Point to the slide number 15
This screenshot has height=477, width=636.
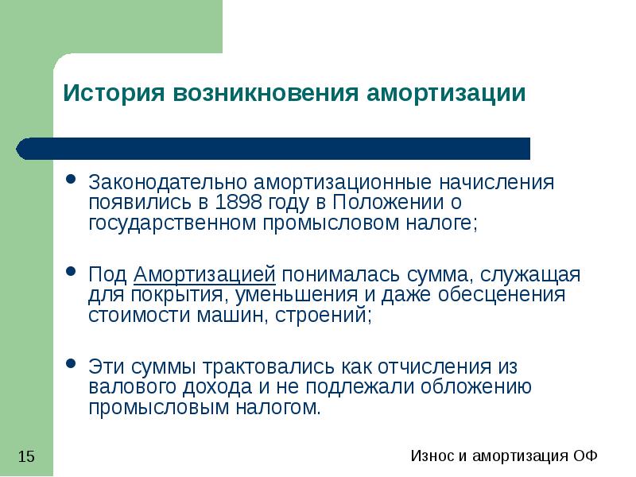point(25,456)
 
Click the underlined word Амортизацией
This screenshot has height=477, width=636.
point(205,275)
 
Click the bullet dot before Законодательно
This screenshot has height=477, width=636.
point(71,179)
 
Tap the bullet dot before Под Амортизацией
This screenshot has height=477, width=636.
point(71,271)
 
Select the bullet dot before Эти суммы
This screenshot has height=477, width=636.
point(71,363)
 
